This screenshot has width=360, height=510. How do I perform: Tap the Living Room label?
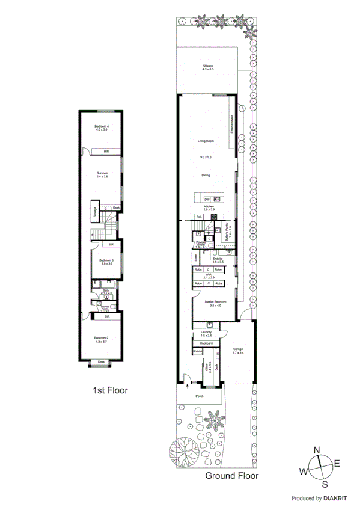point(206,141)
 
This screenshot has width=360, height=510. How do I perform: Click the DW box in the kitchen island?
point(206,199)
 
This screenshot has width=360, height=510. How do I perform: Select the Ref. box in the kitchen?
point(198,217)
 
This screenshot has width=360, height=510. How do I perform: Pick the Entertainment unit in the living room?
point(231,126)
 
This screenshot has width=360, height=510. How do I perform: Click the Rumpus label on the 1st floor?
point(102,174)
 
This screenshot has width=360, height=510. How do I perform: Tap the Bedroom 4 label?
point(102,127)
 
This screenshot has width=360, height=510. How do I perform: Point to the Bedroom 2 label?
point(100,340)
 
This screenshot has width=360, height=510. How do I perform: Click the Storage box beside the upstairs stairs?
point(94,212)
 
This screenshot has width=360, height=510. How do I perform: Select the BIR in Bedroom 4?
point(106,151)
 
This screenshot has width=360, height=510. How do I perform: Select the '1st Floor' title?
point(109,390)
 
